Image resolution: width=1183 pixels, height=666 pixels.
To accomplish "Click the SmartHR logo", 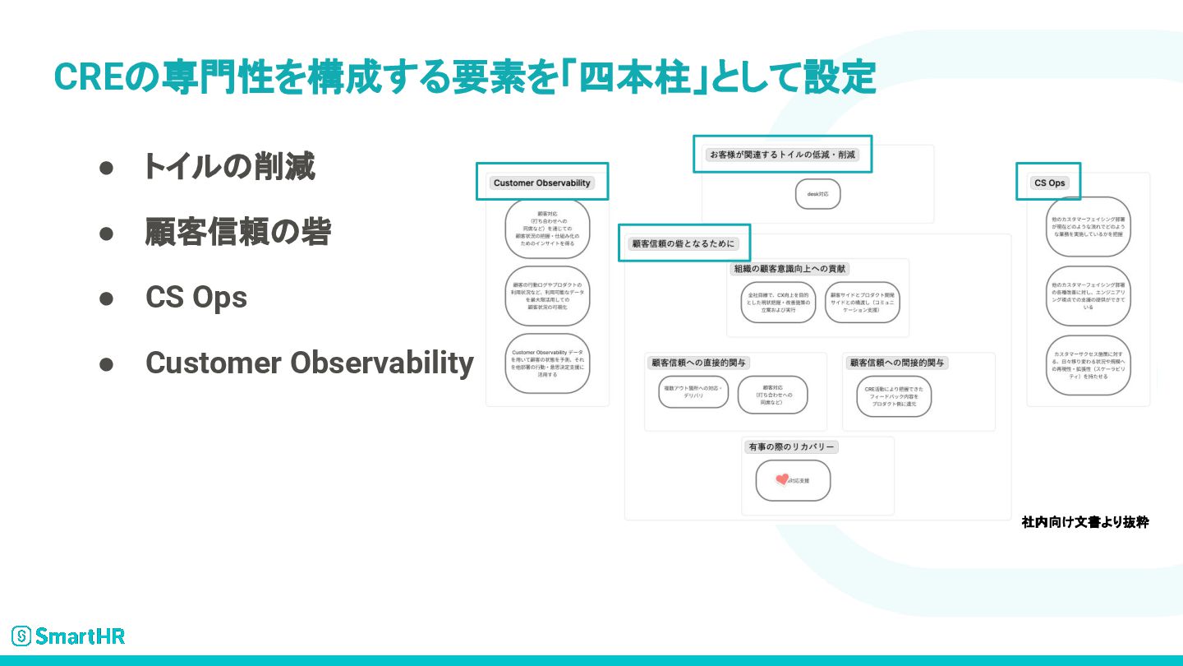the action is click(x=68, y=636).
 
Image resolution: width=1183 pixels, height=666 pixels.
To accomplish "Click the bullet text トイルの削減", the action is click(x=229, y=167).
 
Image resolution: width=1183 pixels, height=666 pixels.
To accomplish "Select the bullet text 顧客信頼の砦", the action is click(x=237, y=233).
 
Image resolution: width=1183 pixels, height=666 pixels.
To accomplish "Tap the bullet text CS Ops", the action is click(x=196, y=298).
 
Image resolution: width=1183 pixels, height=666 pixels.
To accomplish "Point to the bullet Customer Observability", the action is click(x=309, y=363).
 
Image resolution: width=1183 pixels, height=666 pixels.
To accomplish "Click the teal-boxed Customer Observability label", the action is click(x=541, y=183).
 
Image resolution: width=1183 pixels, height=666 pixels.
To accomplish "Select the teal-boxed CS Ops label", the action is click(x=1049, y=183).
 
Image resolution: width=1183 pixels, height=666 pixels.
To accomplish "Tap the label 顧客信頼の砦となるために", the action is click(x=683, y=243).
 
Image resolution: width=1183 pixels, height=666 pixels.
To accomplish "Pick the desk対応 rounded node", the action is click(x=817, y=194).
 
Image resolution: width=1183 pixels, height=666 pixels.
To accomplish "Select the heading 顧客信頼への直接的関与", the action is click(x=699, y=363).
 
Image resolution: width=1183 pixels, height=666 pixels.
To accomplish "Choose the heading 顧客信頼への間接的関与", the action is click(x=897, y=363).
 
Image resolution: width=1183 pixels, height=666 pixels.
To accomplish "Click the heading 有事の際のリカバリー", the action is click(x=791, y=446).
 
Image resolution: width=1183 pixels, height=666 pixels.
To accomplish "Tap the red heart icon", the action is click(x=782, y=479).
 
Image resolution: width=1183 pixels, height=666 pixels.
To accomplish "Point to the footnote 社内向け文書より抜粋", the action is click(x=1084, y=522).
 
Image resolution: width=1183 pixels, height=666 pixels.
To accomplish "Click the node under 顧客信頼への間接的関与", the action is click(x=894, y=396).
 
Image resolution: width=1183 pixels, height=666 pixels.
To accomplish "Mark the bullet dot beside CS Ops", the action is click(x=105, y=298).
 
